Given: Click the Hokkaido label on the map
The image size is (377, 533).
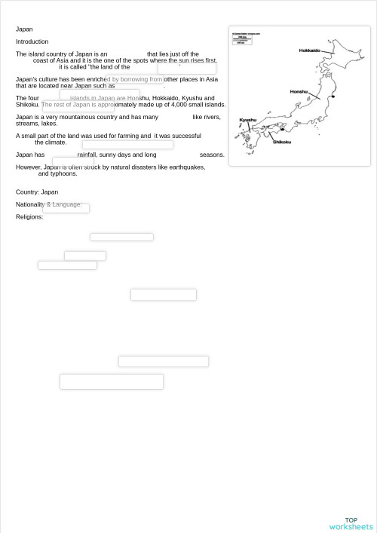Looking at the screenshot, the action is (309, 51).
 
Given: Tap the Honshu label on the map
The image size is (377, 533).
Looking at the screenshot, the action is (299, 92).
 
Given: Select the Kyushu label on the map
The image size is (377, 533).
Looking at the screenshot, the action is (247, 120).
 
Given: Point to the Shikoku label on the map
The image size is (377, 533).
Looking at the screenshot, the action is (281, 142).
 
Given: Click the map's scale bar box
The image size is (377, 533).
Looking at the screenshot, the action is (241, 38).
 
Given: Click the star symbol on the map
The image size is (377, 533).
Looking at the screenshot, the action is (282, 130).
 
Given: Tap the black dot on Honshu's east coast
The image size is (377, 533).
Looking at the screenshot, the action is (333, 96).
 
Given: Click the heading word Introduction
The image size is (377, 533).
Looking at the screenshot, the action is (32, 41).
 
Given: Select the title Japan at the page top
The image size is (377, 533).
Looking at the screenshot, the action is (24, 29).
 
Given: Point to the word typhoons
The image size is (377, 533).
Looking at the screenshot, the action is (63, 173).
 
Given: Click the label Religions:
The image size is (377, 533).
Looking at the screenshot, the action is (29, 217).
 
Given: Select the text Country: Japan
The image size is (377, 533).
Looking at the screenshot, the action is (37, 192).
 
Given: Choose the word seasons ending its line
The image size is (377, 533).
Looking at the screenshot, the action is (212, 155).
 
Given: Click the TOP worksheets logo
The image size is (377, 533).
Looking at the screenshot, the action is (351, 523).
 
